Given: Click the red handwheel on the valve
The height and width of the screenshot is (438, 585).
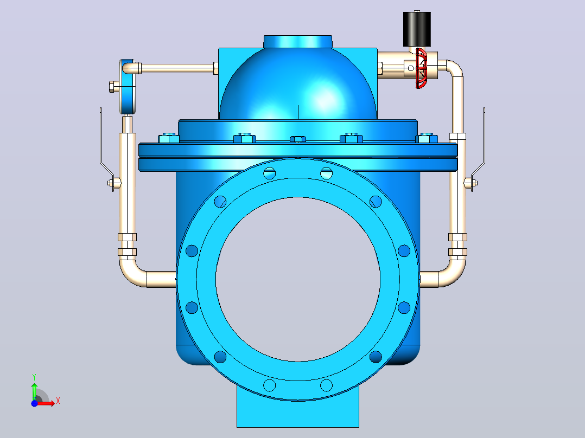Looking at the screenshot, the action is point(421,68).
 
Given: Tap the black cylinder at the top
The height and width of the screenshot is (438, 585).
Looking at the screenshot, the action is point(417,29).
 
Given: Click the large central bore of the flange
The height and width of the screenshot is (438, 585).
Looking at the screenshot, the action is point(298,279).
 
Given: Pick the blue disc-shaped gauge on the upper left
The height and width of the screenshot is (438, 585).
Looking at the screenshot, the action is point(127,87).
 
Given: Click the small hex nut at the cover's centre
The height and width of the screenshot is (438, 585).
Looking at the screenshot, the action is point(298,139).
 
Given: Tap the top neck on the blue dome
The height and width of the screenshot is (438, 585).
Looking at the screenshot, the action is point(298,41).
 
